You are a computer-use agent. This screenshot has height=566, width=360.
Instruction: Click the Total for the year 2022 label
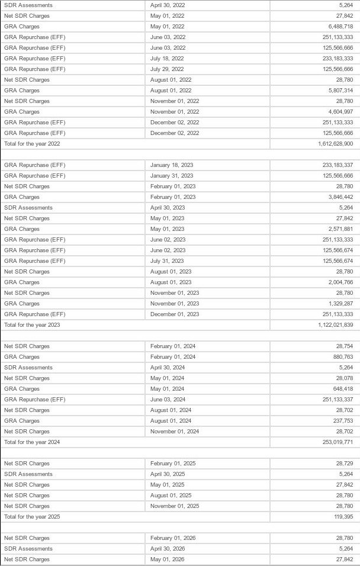point(32,144)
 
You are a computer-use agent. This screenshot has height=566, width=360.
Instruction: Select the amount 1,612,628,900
point(335,144)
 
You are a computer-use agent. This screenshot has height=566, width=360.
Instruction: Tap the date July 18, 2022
point(167,59)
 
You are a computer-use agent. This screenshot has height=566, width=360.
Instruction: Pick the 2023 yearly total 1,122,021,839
point(335,325)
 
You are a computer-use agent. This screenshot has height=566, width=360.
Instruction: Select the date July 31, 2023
point(167,261)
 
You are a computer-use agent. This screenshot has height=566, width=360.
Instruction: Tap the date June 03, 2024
point(168,400)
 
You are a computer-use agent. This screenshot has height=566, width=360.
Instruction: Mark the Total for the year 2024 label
point(32,442)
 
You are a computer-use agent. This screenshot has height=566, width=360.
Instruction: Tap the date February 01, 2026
point(173,538)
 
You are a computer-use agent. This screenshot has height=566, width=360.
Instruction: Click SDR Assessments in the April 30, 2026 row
point(28,549)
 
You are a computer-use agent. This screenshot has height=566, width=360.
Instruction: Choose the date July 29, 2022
point(167,69)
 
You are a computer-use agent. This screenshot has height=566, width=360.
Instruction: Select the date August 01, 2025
point(171,496)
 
